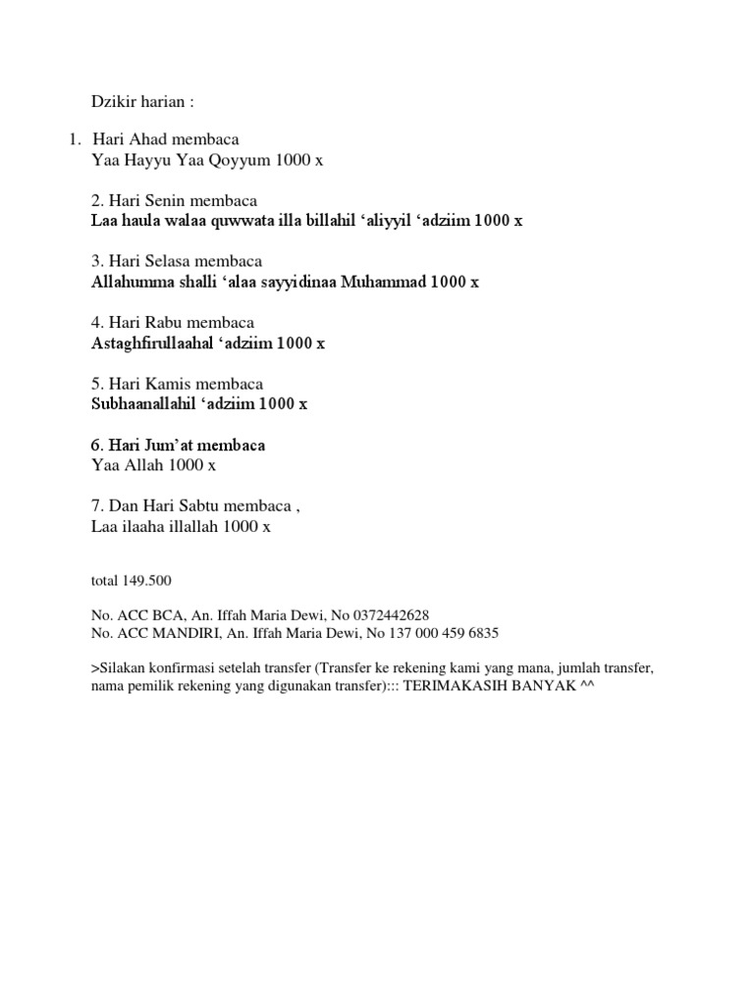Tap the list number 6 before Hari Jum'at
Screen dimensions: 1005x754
point(95,446)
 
